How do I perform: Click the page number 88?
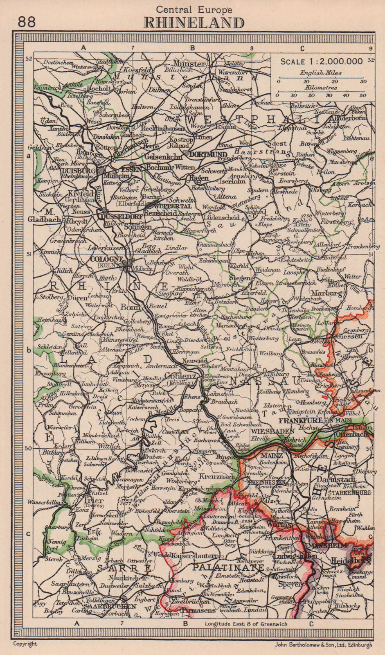pyautogui.click(x=27, y=21)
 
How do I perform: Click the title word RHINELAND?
pyautogui.click(x=194, y=23)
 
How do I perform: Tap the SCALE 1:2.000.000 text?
pyautogui.click(x=321, y=61)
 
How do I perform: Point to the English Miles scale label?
pyautogui.click(x=321, y=73)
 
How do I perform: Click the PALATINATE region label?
pyautogui.click(x=227, y=568)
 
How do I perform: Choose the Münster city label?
pyautogui.click(x=189, y=64)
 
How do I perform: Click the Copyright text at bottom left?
pyautogui.click(x=25, y=644)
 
